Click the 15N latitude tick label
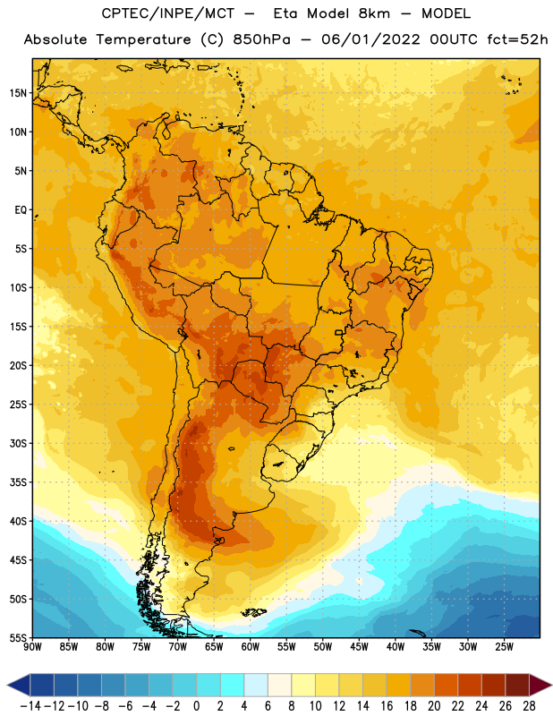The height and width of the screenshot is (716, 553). (18, 93)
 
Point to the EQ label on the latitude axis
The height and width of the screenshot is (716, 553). (21, 210)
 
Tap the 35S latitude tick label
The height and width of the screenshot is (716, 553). (18, 482)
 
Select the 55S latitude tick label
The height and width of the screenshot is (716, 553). (18, 637)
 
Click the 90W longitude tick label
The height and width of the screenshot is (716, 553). (32, 647)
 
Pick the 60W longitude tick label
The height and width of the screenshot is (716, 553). (251, 647)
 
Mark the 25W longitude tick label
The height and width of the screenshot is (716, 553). (504, 647)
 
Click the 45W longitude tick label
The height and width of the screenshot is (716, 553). (359, 647)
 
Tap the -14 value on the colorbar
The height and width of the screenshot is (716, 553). (30, 706)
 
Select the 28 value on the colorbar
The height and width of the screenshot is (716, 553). (529, 706)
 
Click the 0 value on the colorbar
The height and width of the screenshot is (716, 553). (196, 706)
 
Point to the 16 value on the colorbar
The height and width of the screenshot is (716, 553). (387, 706)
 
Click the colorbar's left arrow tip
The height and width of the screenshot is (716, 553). (7, 685)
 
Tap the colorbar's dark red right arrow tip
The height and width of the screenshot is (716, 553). (552, 685)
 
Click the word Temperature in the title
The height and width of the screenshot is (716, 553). (143, 39)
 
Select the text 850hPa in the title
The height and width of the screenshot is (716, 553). (261, 39)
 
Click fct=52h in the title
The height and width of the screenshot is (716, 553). (517, 39)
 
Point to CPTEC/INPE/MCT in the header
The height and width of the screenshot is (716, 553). (168, 13)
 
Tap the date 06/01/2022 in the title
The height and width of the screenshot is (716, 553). (370, 39)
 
